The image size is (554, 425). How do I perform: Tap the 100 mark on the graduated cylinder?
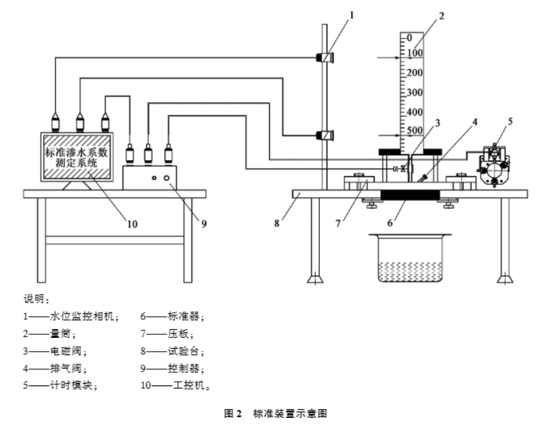click(415, 53)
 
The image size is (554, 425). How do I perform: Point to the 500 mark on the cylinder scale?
click(415, 131)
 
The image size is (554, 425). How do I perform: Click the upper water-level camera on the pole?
click(324, 58)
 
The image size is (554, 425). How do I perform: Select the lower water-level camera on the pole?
click(324, 135)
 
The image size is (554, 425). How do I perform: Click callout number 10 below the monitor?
click(132, 224)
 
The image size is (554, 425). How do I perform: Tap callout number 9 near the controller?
click(204, 224)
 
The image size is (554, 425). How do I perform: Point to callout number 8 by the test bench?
click(277, 224)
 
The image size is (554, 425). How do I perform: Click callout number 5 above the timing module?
click(510, 122)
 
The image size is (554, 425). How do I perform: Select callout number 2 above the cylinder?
click(441, 16)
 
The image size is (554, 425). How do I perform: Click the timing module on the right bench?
click(494, 166)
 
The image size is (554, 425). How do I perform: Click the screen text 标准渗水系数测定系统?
click(77, 158)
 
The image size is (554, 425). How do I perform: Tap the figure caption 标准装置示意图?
click(290, 413)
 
